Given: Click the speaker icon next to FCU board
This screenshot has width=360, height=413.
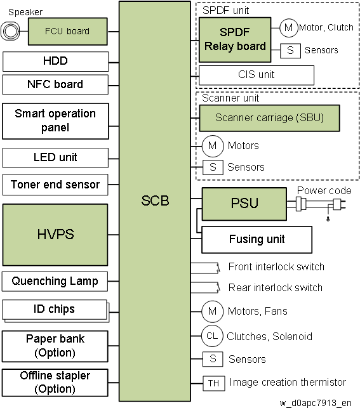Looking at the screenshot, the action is (10, 31).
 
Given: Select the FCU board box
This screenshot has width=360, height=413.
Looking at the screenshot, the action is (68, 31).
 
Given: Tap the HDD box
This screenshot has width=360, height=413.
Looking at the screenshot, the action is (55, 62).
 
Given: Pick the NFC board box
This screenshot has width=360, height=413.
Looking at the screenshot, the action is (55, 84).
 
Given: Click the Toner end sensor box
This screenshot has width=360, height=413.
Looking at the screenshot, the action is (55, 185).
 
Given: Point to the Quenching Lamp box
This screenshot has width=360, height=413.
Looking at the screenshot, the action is (55, 281).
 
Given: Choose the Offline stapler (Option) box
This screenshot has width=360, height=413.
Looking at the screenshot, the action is (55, 383).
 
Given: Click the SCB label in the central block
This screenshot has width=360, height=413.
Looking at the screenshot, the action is (155, 200).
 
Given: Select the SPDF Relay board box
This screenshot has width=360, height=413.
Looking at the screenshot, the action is (235, 40).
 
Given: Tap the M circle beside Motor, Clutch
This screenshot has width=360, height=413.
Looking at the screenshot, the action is (289, 28).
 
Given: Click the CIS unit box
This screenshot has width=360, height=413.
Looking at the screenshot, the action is (257, 75).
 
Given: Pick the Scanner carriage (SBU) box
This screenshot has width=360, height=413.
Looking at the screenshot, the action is (269, 118).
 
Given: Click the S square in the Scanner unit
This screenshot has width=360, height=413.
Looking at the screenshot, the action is (213, 167).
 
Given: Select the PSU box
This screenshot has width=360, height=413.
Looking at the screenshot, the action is (244, 204).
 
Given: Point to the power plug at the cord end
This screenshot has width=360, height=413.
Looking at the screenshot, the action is (339, 204).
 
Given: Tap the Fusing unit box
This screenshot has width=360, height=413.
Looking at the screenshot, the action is (257, 239).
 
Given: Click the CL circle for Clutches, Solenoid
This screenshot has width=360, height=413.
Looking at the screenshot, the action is (213, 336).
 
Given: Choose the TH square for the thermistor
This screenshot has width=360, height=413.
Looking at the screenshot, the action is (214, 383).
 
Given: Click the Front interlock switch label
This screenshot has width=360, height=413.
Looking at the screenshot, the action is (276, 267).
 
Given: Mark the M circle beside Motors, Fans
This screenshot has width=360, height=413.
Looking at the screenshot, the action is (213, 311).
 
